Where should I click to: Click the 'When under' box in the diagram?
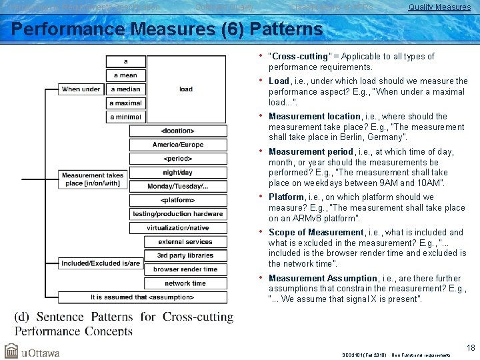[x=81, y=89]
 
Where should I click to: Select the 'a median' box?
[x=126, y=89]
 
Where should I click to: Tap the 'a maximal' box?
[x=126, y=103]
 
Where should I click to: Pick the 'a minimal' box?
[x=126, y=117]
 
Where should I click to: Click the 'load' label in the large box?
[x=186, y=89]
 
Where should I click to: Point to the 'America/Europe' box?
[x=178, y=145]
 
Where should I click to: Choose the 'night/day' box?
[x=178, y=173]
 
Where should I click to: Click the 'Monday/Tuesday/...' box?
[x=178, y=186]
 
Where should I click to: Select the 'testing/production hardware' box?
[x=178, y=214]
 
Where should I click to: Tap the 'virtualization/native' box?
[x=178, y=228]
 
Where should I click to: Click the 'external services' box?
[x=185, y=242]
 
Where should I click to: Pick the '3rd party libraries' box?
[x=185, y=255]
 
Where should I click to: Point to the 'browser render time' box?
[x=185, y=269]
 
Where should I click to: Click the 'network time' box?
[x=185, y=283]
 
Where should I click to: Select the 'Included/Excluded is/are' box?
[x=101, y=263]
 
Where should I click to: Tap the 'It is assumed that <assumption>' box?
[x=143, y=297]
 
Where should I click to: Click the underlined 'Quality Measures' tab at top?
[x=439, y=7]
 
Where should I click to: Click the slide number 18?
[x=471, y=348]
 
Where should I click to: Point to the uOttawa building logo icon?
[x=11, y=351]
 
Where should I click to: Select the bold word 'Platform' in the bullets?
[x=286, y=197]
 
